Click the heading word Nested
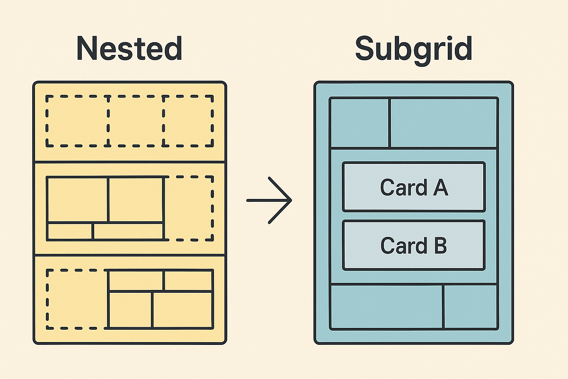129,48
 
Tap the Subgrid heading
413,48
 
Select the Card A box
414,187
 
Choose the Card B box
414,245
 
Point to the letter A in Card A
439,188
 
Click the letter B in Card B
439,246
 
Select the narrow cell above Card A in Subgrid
359,123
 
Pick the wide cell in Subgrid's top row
444,123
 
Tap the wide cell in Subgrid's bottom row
387,307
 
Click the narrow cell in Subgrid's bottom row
470,307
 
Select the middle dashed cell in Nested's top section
136,121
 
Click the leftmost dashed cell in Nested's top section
78,121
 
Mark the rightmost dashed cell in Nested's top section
188,121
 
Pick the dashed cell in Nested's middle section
189,208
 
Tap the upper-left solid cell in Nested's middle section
78,199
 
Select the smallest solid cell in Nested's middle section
70,231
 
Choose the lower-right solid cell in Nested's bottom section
182,309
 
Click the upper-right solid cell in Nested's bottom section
188,280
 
